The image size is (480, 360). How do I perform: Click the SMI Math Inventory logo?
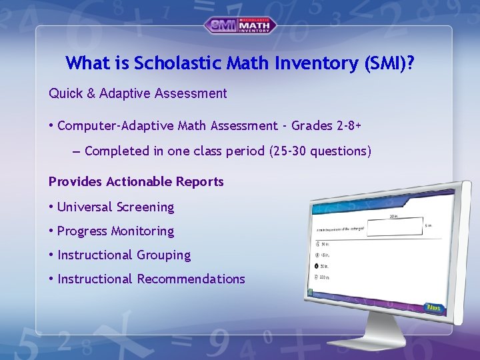pyautogui.click(x=240, y=25)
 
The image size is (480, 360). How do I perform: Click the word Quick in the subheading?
pyautogui.click(x=65, y=94)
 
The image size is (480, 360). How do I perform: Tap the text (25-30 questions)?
pyautogui.click(x=320, y=151)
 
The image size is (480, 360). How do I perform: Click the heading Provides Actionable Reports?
pyautogui.click(x=136, y=182)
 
